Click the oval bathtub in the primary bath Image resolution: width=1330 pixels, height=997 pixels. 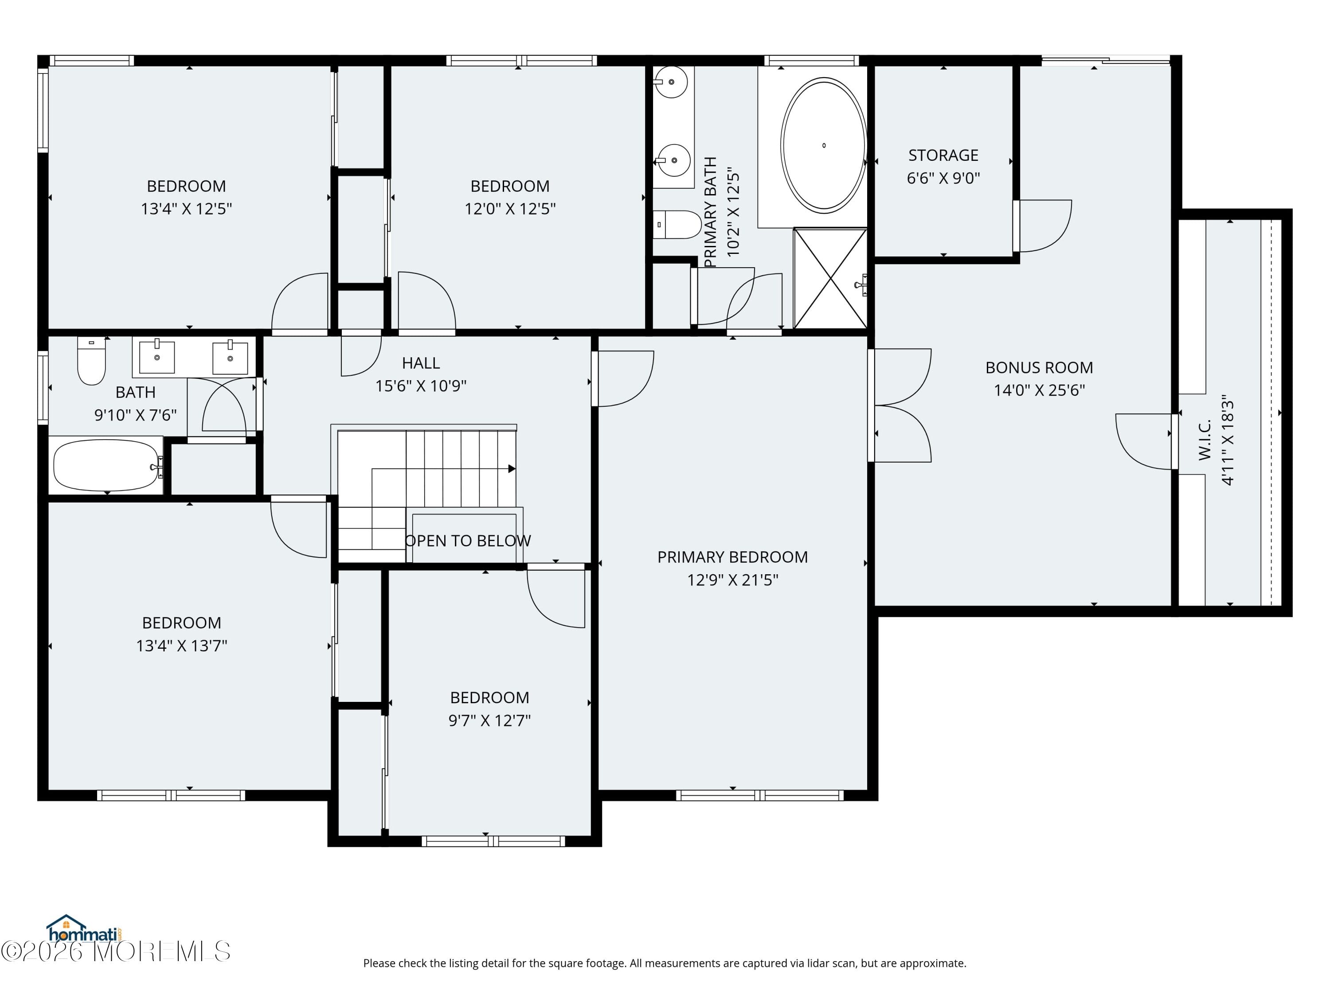click(x=823, y=145)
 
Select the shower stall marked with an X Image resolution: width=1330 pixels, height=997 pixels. click(x=830, y=278)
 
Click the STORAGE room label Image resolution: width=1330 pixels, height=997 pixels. click(x=943, y=155)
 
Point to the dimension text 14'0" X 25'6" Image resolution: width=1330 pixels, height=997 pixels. click(x=1039, y=390)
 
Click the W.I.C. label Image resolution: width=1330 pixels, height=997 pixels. click(x=1205, y=440)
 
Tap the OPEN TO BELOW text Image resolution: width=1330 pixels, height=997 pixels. click(x=468, y=541)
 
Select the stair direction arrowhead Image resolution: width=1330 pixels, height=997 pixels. click(x=512, y=469)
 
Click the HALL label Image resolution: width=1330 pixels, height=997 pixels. click(x=421, y=363)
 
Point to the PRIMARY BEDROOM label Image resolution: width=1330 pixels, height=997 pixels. click(x=732, y=557)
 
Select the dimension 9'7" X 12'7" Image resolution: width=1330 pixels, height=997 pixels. click(x=489, y=720)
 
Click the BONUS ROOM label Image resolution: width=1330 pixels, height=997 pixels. click(x=1039, y=367)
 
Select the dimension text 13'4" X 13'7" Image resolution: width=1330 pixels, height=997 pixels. click(x=182, y=646)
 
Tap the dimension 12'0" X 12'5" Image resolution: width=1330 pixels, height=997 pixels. click(x=510, y=209)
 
